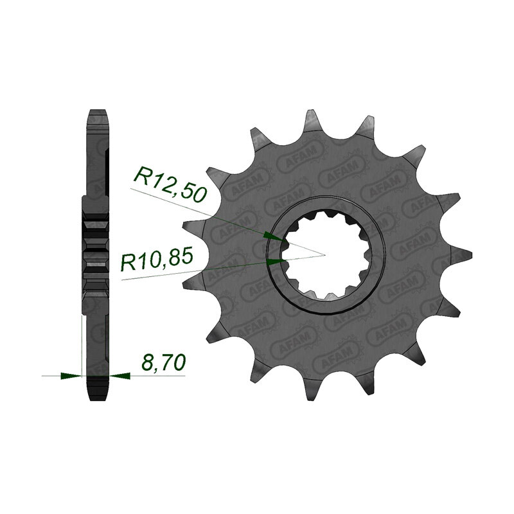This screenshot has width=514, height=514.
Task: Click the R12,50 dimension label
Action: pyautogui.click(x=170, y=184)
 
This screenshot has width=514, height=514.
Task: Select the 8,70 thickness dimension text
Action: pyautogui.click(x=163, y=362)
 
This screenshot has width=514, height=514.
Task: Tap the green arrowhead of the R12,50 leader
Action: pyautogui.click(x=272, y=236)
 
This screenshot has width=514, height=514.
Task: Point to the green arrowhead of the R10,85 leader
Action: pyautogui.click(x=276, y=261)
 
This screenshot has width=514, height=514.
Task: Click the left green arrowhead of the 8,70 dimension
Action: pyautogui.click(x=71, y=376)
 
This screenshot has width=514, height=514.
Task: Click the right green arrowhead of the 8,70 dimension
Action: pyautogui.click(x=120, y=376)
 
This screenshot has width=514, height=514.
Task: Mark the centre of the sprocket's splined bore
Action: pyautogui.click(x=324, y=254)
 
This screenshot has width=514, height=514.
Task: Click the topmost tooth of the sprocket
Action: pyautogui.click(x=312, y=122)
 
